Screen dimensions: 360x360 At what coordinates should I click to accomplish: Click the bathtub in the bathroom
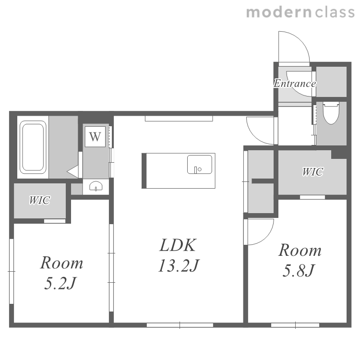[33, 147]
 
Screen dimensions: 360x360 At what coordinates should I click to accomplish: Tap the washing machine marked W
[95, 137]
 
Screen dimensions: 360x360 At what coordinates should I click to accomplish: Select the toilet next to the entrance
[331, 113]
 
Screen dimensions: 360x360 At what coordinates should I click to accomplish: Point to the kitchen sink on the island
[200, 164]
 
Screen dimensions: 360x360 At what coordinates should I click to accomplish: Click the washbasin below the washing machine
[96, 186]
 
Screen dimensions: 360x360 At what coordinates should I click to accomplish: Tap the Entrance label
[295, 84]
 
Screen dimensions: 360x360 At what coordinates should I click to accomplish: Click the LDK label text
[178, 245]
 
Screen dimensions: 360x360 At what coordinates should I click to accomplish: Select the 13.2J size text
[179, 265]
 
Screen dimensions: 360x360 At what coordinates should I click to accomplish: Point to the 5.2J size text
[60, 283]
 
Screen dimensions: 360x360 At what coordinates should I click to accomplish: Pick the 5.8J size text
[299, 270]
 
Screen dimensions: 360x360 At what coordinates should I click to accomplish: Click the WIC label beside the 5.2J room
[39, 200]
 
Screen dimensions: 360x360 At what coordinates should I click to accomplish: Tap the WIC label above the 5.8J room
[312, 172]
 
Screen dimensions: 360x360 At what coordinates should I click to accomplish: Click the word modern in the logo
[279, 12]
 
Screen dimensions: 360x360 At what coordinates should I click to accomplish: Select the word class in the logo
[335, 12]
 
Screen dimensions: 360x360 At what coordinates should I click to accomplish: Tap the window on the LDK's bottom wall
[180, 325]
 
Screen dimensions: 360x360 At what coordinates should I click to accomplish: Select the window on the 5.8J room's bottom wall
[295, 325]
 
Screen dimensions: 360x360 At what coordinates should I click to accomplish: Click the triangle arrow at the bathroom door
[73, 171]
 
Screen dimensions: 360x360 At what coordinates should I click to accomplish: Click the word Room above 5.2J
[61, 263]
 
